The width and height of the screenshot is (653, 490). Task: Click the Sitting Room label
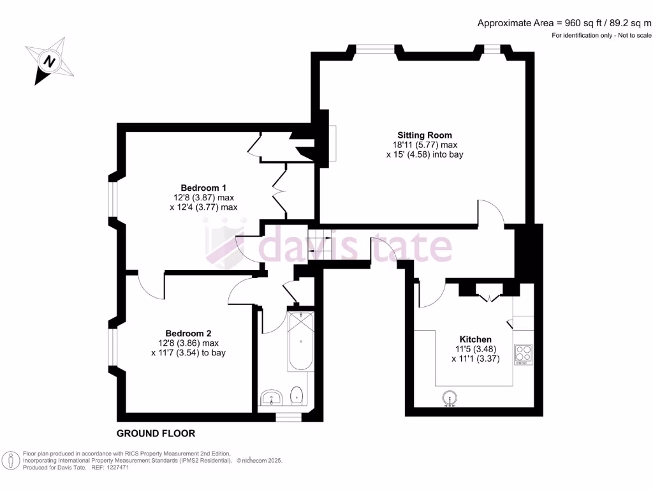424,135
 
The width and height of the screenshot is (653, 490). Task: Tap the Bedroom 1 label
203,188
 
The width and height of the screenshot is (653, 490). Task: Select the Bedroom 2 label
188,333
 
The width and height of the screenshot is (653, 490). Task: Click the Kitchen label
475,339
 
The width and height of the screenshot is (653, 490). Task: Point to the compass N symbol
50,61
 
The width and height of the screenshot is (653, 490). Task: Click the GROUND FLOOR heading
156,433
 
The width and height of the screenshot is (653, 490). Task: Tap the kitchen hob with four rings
524,355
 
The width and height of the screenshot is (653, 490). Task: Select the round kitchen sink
450,398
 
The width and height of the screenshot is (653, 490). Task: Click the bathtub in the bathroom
301,341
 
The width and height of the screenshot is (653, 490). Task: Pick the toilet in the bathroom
296,396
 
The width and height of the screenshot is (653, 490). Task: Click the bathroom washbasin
272,397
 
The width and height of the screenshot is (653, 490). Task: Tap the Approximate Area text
564,24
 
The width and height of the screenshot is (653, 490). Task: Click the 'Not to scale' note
635,36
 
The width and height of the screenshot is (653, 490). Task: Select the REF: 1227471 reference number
110,468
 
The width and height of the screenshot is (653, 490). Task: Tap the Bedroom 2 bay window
112,348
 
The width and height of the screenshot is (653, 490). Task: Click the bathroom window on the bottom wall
288,417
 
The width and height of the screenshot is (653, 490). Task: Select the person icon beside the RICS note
11,461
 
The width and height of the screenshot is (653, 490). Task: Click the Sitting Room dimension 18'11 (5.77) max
425,145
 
